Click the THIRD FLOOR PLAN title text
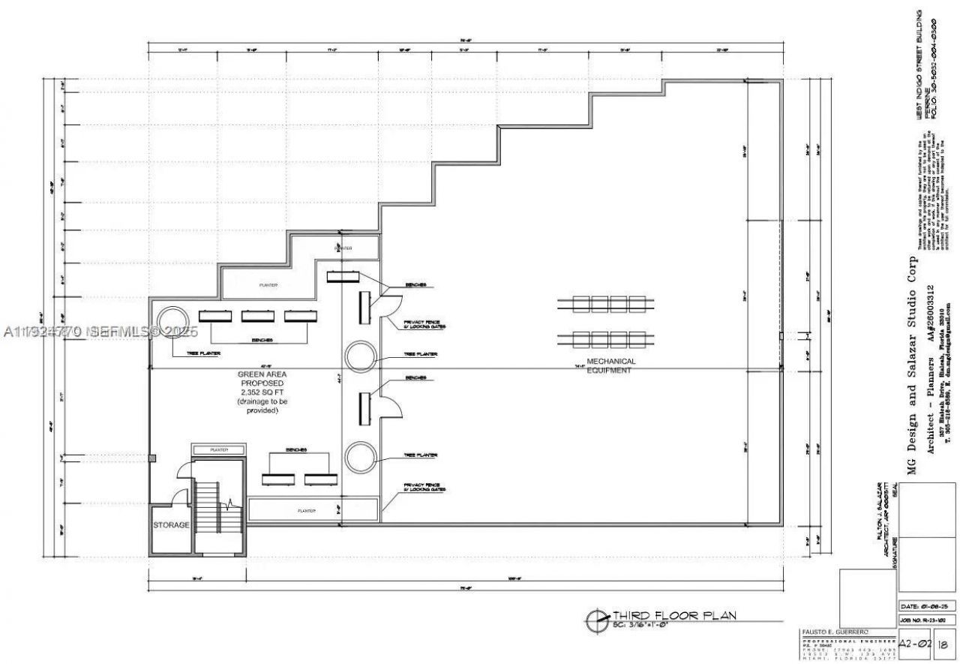tap(675, 616)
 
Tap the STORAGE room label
tap(171, 525)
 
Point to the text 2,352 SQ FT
tap(262, 392)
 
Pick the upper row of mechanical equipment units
tap(609, 304)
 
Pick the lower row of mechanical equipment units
tap(609, 338)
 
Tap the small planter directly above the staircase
tap(218, 449)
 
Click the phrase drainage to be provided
tap(262, 406)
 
